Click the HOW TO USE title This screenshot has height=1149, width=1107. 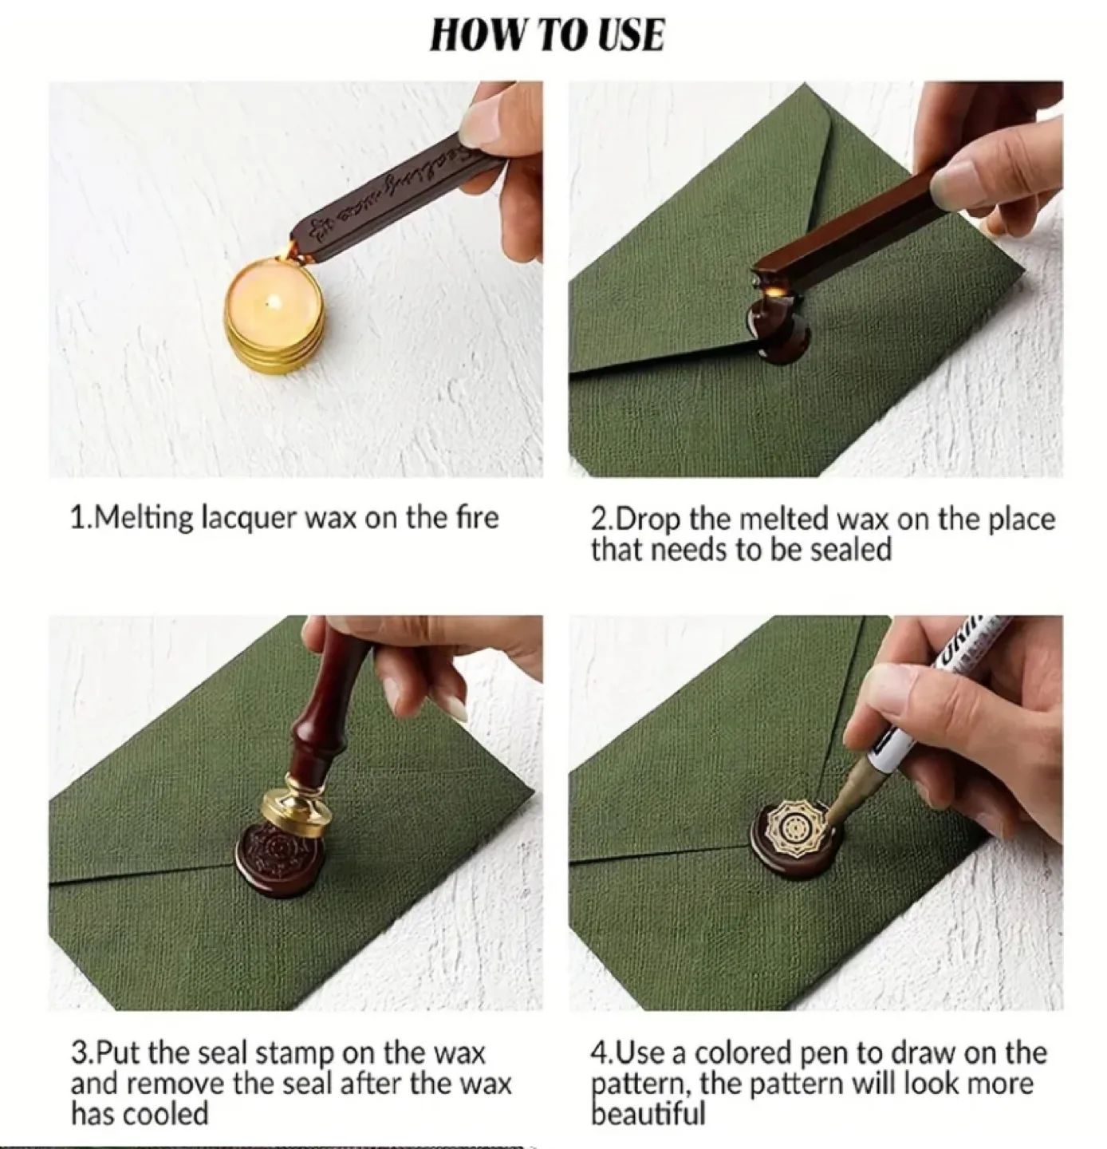click(546, 36)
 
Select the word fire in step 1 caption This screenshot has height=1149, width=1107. click(477, 518)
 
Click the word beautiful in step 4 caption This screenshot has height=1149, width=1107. click(648, 1114)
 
